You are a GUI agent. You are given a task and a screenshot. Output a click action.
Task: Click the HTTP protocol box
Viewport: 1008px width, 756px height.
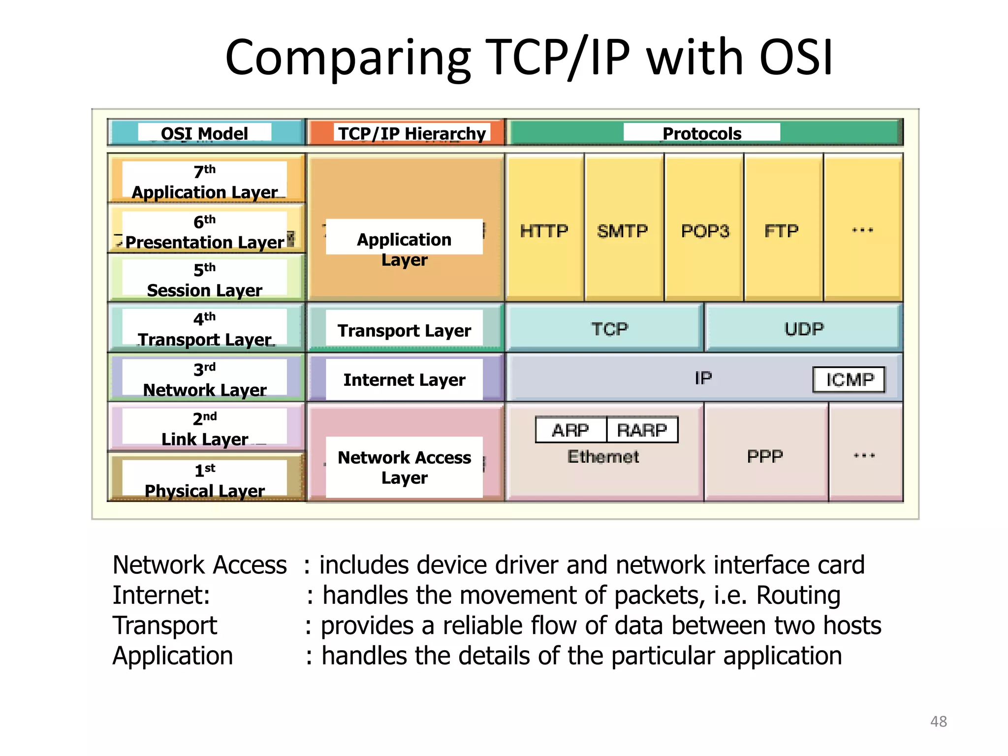pyautogui.click(x=544, y=230)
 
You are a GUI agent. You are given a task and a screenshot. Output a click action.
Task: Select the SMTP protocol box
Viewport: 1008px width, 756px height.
pyautogui.click(x=623, y=230)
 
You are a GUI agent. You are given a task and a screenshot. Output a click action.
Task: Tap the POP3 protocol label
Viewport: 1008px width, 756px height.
pyautogui.click(x=705, y=230)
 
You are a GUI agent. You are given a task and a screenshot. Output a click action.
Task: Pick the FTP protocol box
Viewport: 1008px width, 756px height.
pyautogui.click(x=782, y=230)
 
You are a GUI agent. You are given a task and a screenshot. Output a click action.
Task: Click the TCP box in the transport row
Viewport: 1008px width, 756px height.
pyautogui.click(x=609, y=329)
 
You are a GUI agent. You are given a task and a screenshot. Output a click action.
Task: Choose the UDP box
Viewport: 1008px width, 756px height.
pyautogui.click(x=804, y=329)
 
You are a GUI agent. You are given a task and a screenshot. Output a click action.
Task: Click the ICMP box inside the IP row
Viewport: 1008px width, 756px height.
pyautogui.click(x=849, y=379)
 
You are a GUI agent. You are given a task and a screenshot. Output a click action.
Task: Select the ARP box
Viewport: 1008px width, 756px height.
pyautogui.click(x=570, y=430)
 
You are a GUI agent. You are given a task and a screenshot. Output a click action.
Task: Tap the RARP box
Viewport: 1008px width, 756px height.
pyautogui.click(x=642, y=430)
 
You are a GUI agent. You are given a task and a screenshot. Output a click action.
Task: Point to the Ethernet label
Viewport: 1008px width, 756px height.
pyautogui.click(x=603, y=457)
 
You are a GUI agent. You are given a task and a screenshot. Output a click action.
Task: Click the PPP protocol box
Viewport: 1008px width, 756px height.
pyautogui.click(x=764, y=456)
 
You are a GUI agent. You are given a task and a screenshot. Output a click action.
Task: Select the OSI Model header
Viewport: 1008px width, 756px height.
pyautogui.click(x=205, y=133)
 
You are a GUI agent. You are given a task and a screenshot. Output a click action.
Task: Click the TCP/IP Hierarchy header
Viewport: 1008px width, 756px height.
pyautogui.click(x=411, y=133)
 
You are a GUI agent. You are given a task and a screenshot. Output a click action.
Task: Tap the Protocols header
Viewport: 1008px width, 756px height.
pyautogui.click(x=702, y=133)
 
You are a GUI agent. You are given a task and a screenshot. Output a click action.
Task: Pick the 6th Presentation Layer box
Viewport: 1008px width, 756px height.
pyautogui.click(x=205, y=231)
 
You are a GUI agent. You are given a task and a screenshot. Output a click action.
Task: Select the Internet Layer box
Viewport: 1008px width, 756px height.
pyautogui.click(x=404, y=379)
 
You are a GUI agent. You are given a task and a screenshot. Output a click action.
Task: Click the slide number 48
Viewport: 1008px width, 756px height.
pyautogui.click(x=938, y=721)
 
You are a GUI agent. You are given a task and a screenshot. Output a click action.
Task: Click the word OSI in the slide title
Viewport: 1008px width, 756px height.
pyautogui.click(x=796, y=58)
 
